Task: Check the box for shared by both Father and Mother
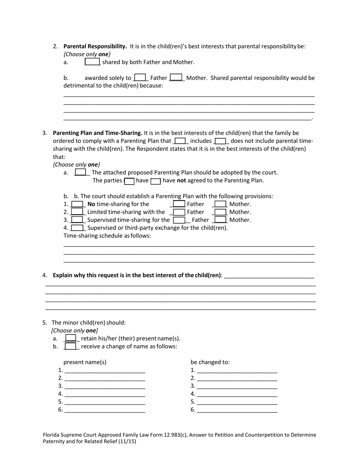[92, 62]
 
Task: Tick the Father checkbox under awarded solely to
[140, 78]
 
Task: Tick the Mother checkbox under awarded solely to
[176, 78]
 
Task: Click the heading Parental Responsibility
[95, 46]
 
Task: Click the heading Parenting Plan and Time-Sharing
[97, 133]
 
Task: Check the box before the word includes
[180, 141]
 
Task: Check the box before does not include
[220, 141]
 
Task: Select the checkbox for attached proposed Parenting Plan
[80, 172]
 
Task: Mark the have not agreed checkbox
[156, 181]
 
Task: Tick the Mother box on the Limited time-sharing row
[220, 212]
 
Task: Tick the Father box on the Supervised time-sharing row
[179, 220]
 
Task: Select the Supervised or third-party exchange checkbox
[77, 228]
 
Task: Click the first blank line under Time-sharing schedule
[189, 245]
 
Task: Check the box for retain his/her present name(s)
[70, 338]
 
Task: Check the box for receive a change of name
[70, 346]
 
